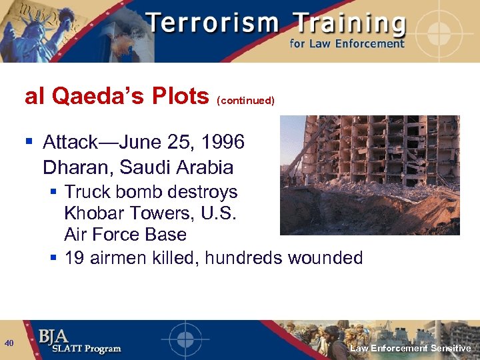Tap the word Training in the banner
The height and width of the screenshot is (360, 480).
point(349,23)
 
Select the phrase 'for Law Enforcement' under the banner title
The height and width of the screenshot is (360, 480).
point(347,44)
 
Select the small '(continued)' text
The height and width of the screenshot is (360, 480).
point(245,101)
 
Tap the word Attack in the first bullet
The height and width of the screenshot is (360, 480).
point(67,142)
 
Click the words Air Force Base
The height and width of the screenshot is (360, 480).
point(125,235)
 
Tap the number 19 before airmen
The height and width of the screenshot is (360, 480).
point(74,257)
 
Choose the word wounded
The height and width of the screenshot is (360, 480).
point(326,257)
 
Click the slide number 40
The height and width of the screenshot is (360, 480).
point(9,343)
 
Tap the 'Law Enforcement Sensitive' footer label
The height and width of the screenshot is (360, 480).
point(411,348)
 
